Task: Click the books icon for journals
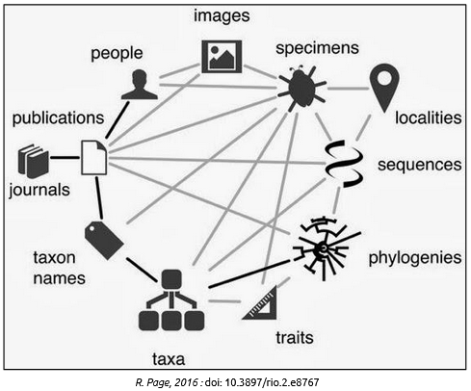click(x=34, y=161)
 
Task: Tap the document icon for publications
click(x=93, y=158)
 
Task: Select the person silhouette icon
click(x=140, y=85)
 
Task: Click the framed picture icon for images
click(x=222, y=57)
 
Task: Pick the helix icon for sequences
click(x=345, y=164)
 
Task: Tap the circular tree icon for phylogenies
click(x=326, y=248)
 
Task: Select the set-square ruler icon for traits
click(x=260, y=303)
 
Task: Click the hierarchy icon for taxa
click(x=171, y=300)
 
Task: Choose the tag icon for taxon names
click(x=104, y=240)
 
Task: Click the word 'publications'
click(x=58, y=118)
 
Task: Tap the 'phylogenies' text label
click(x=415, y=258)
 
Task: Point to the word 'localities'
click(x=429, y=117)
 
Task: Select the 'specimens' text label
click(x=317, y=48)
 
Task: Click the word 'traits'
click(x=295, y=338)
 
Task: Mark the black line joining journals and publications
click(x=65, y=158)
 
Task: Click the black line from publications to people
click(x=118, y=120)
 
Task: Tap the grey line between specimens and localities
click(x=349, y=88)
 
